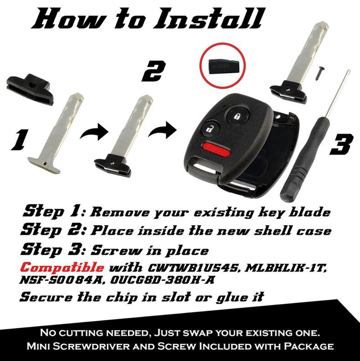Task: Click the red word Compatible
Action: [62, 268]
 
